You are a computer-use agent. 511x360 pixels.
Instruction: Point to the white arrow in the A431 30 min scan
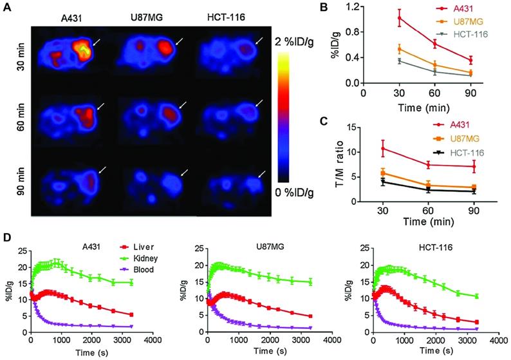click(x=97, y=42)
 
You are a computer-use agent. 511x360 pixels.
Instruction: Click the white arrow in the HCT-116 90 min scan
click(x=261, y=173)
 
